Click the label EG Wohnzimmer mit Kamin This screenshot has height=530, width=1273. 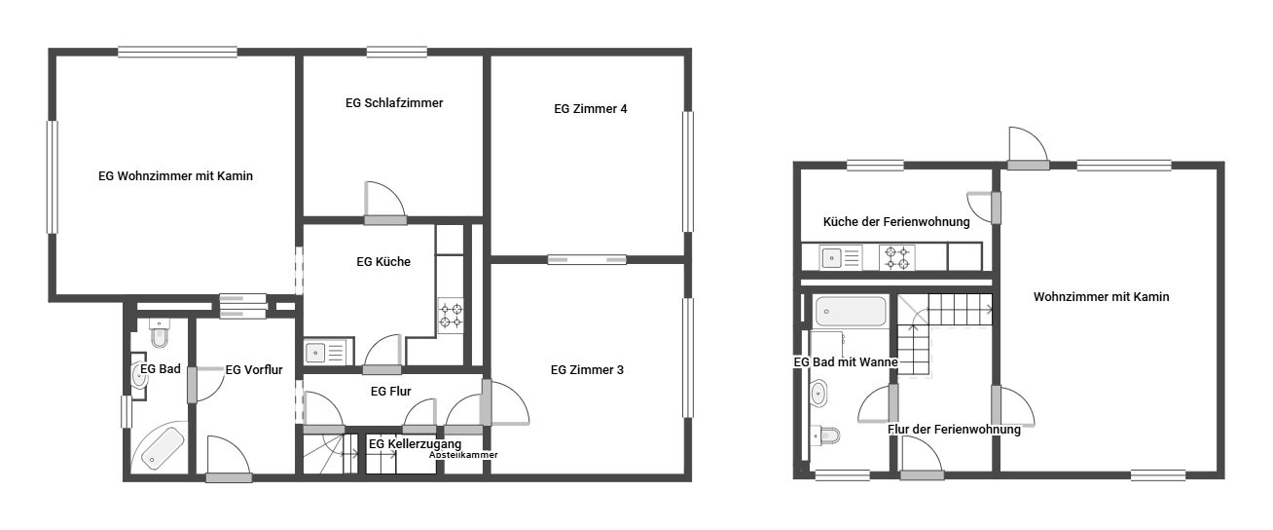175,176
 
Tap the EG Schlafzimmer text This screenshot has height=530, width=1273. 394,103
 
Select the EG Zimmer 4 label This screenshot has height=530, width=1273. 590,108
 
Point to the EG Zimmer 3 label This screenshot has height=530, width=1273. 587,369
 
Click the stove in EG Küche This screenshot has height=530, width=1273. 451,317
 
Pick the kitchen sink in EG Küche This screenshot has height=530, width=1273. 325,353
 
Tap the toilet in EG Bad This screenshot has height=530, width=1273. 160,332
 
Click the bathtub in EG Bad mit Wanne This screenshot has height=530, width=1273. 851,312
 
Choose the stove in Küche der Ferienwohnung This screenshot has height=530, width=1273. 896,257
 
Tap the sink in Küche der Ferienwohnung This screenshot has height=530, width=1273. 841,257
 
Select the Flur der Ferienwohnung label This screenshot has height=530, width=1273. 954,430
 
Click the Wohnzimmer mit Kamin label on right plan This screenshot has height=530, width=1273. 1101,297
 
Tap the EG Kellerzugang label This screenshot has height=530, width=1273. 415,444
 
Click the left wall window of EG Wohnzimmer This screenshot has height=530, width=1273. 53,177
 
